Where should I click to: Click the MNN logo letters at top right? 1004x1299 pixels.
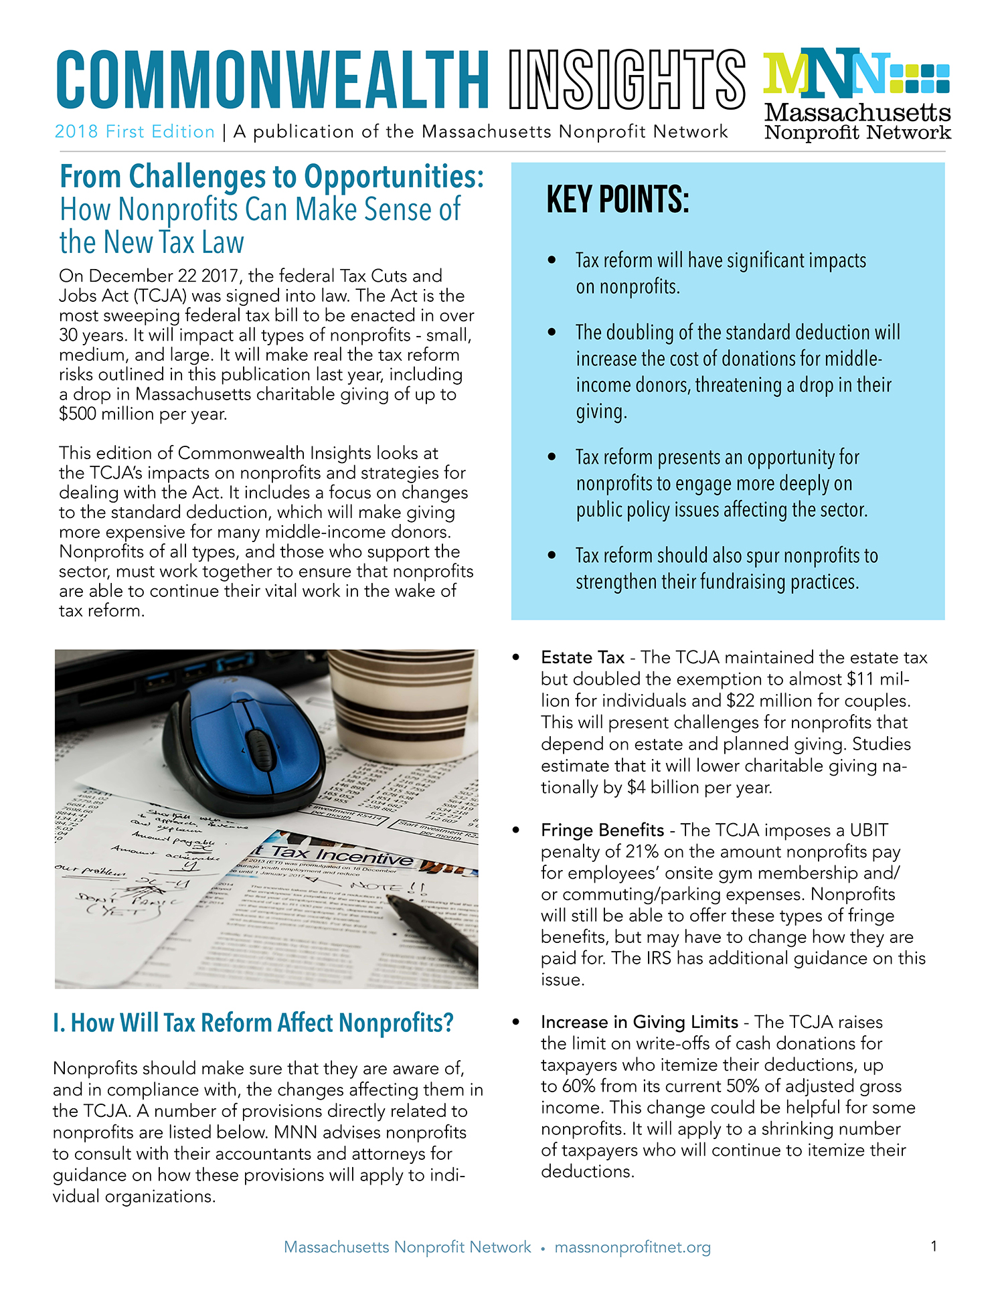[827, 72]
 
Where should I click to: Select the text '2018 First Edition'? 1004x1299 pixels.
[135, 132]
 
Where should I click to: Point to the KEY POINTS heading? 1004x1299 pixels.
[617, 199]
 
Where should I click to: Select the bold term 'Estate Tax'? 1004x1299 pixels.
[582, 658]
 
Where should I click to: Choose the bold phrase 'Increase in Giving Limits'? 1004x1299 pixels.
[639, 1023]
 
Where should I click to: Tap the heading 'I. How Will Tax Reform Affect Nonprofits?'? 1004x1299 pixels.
[253, 1023]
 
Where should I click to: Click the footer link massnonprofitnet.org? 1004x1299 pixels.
[633, 1247]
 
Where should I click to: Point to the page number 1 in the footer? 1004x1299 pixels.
[934, 1246]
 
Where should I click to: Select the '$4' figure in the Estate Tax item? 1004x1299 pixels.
[636, 788]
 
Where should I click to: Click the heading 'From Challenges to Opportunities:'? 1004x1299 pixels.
[272, 177]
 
